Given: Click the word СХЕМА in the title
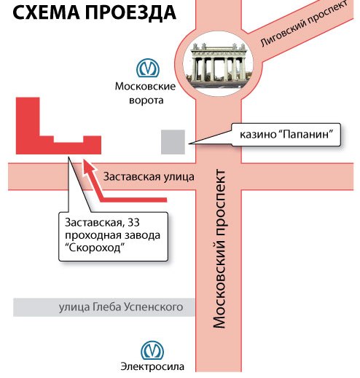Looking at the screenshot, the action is [x=46, y=12].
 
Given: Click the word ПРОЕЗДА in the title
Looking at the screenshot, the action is [x=130, y=12].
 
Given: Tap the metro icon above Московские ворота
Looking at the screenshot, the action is [x=148, y=68].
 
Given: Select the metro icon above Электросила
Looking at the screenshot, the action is [x=152, y=350].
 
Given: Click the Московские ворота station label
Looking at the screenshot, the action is [x=145, y=93].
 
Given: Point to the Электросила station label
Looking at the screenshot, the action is [x=152, y=366].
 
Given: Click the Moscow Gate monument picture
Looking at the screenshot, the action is [x=219, y=63].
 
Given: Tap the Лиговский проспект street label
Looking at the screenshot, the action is [x=304, y=24].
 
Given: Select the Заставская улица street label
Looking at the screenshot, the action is [x=149, y=177].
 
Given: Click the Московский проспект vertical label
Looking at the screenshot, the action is [x=219, y=249].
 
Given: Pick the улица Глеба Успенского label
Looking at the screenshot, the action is [x=121, y=307].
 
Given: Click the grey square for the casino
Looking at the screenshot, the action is [x=173, y=142].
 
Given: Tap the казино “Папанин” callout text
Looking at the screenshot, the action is [x=286, y=135].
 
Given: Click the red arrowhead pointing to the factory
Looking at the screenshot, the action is [x=88, y=168].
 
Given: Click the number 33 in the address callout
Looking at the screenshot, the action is [x=133, y=223].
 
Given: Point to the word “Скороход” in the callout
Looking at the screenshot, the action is [x=97, y=248].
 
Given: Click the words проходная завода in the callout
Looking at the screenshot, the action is [x=113, y=236].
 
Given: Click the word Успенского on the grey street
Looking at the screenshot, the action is [x=154, y=307].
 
